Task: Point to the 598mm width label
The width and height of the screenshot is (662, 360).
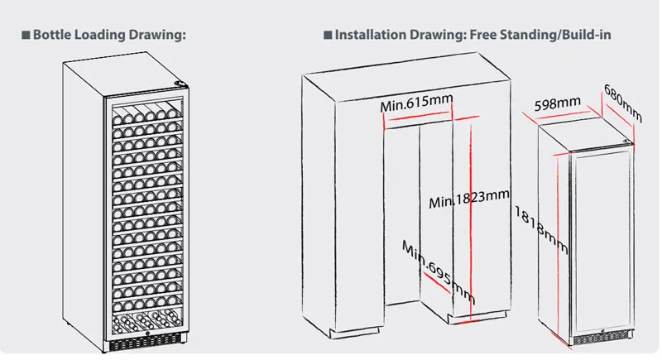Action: tap(557, 104)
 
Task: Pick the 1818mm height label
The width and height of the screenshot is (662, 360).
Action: tap(539, 231)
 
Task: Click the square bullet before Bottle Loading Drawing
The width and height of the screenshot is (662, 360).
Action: tap(25, 36)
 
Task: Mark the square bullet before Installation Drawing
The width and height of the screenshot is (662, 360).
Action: tap(328, 36)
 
